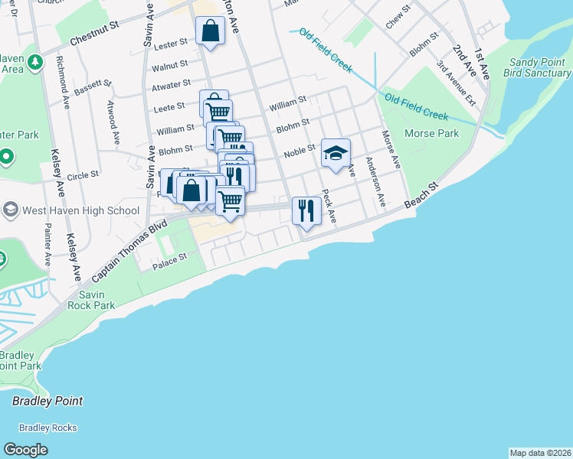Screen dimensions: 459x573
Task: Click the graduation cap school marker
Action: point(336,153)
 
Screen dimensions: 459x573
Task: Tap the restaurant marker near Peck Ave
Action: point(306,211)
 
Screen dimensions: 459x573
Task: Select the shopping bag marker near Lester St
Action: point(210,31)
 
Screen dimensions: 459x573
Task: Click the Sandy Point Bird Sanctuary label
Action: point(537,67)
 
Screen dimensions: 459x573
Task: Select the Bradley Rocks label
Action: point(48,428)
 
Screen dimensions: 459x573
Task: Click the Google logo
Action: point(26,449)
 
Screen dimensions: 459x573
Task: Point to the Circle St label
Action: point(83,175)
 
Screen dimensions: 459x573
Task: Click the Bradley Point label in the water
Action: point(47,401)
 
